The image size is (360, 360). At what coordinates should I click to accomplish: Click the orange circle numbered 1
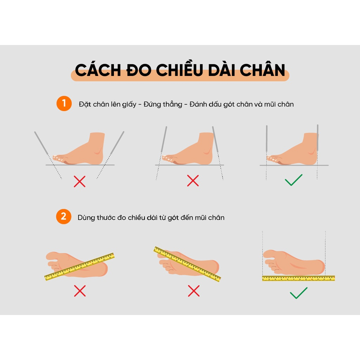(x=64, y=104)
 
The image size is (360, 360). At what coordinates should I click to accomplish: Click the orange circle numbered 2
(x=64, y=217)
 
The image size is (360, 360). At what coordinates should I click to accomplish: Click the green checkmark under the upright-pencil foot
(x=294, y=180)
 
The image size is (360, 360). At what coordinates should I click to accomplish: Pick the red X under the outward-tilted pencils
(x=80, y=181)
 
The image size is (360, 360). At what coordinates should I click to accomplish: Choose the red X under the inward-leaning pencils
(x=193, y=180)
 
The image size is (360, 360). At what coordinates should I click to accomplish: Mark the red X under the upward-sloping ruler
(x=80, y=291)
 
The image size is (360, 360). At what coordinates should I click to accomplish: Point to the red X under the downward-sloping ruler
(x=194, y=291)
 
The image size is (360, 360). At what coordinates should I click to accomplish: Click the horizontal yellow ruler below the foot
(x=298, y=278)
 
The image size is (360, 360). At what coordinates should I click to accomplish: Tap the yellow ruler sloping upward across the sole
(x=80, y=266)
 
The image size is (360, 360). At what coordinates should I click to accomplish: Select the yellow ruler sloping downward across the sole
(x=187, y=264)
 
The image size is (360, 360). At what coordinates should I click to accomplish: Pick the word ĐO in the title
(x=141, y=70)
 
